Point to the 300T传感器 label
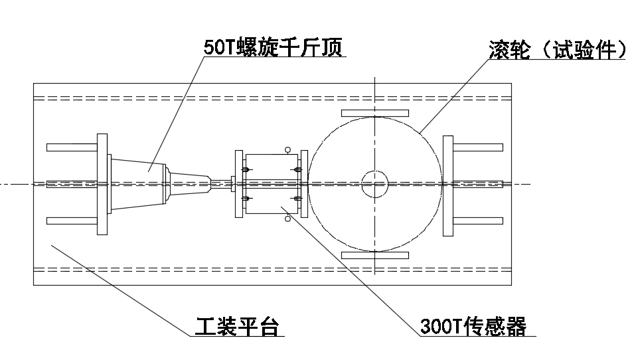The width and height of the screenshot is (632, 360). pyautogui.click(x=473, y=327)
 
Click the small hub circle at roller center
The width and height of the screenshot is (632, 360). pyautogui.click(x=374, y=184)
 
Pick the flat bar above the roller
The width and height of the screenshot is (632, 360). pyautogui.click(x=374, y=113)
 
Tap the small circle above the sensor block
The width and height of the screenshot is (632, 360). pyautogui.click(x=287, y=149)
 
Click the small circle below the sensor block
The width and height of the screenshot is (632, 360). pyautogui.click(x=287, y=219)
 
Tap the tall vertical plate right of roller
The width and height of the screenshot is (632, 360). pyautogui.click(x=448, y=184)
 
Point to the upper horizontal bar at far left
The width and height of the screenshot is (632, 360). pyautogui.click(x=72, y=147)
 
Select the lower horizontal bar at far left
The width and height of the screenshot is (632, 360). pyautogui.click(x=72, y=221)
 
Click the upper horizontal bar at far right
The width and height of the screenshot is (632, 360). pyautogui.click(x=477, y=147)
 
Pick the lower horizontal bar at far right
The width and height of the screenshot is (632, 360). pyautogui.click(x=477, y=221)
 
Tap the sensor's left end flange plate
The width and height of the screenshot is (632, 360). pyautogui.click(x=240, y=184)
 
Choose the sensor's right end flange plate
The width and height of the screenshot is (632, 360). pyautogui.click(x=304, y=184)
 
